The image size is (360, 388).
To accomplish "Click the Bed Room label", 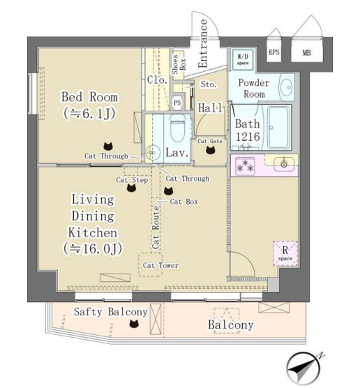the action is tap(89, 97).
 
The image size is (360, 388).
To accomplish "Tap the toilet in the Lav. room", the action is tap(178, 128).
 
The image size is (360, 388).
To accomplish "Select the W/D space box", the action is tap(243, 59).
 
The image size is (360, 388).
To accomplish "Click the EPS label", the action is tap(274, 52).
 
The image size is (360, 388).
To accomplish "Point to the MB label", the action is tap(306, 53).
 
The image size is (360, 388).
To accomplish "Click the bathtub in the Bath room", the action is tap(279, 127).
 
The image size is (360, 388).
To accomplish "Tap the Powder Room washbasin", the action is tap(287, 87).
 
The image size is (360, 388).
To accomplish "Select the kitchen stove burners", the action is tap(245, 165).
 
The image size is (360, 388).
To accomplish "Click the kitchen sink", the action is tap(284, 163).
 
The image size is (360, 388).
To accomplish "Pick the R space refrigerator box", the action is tap(285, 253).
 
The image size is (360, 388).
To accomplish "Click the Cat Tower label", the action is tap(160, 265).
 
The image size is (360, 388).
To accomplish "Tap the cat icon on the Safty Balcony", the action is tap(134, 323).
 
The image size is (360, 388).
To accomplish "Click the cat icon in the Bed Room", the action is tap(108, 147).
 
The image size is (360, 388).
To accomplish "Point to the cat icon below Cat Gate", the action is tap(210, 150).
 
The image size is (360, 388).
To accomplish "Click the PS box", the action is tap(177, 103).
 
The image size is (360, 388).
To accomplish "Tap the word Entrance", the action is tap(202, 43).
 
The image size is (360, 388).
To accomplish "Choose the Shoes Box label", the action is tap(179, 64).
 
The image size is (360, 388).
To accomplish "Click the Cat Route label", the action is tap(156, 227).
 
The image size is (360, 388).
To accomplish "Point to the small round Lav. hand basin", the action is tap(151, 152).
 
